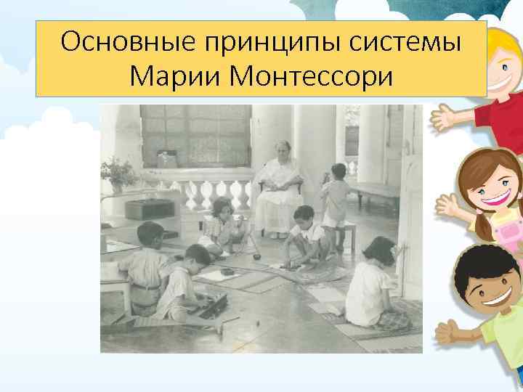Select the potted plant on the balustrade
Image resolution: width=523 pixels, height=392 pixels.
click(116, 174)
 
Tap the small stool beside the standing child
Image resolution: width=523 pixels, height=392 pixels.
click(349, 232)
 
